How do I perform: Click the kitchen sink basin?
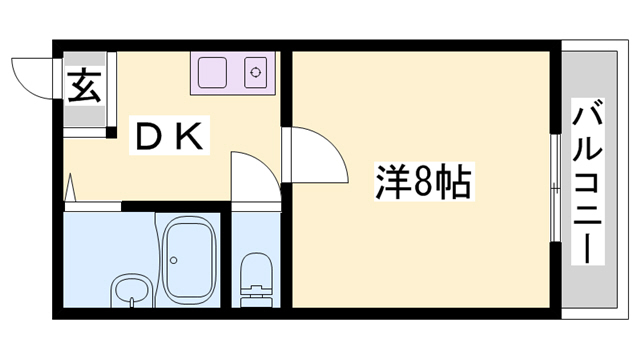[212, 72]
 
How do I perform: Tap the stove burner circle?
[256, 72]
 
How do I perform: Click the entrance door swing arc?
[34, 77]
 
